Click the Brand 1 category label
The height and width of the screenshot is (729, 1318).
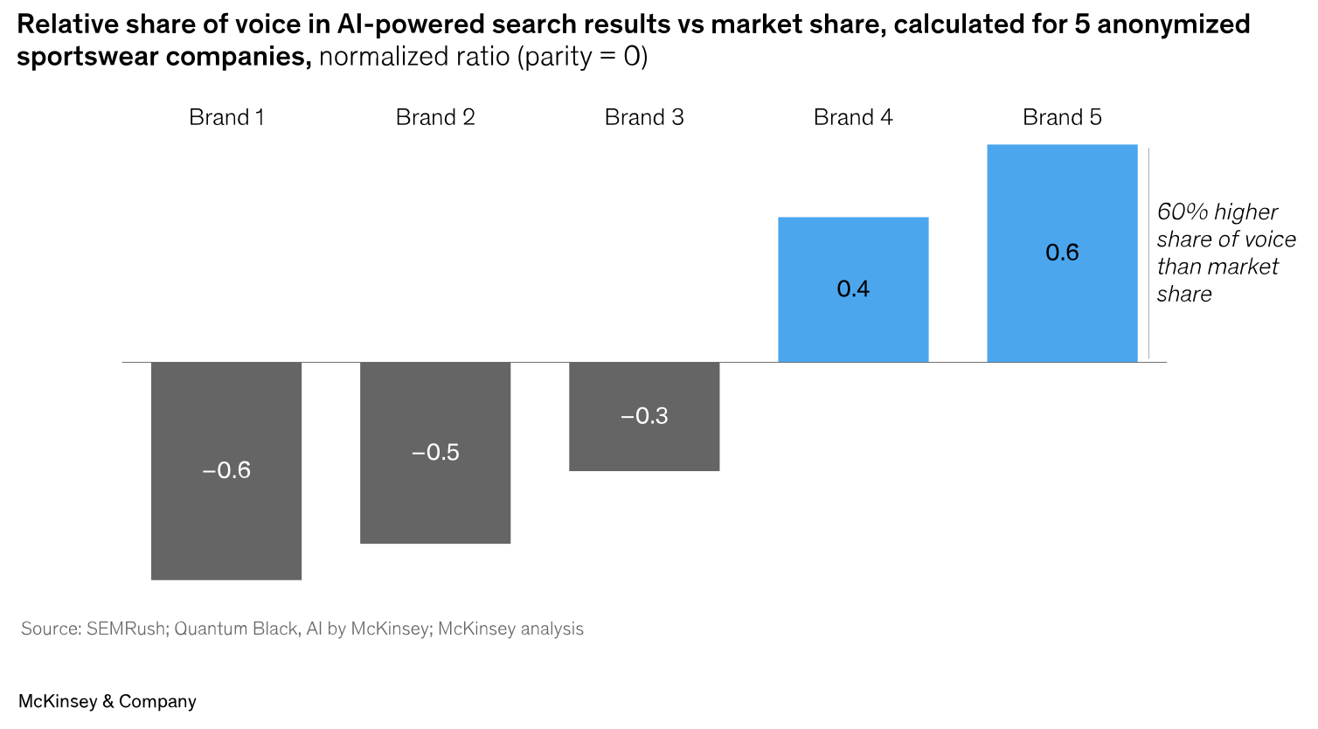(226, 117)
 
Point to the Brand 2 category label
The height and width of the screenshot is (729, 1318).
(435, 117)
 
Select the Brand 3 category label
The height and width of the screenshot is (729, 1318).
(644, 117)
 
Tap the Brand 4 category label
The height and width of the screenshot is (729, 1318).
(853, 117)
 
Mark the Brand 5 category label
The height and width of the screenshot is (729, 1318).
(1062, 117)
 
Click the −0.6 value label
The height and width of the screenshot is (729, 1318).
(226, 470)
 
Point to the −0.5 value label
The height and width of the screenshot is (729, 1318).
(435, 452)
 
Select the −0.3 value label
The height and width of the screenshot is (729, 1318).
(644, 416)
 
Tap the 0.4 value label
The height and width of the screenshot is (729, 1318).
(853, 288)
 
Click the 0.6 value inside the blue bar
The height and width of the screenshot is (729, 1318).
(1062, 253)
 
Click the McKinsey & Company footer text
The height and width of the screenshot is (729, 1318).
(108, 701)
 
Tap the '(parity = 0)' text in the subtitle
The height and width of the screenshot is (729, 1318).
(582, 57)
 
